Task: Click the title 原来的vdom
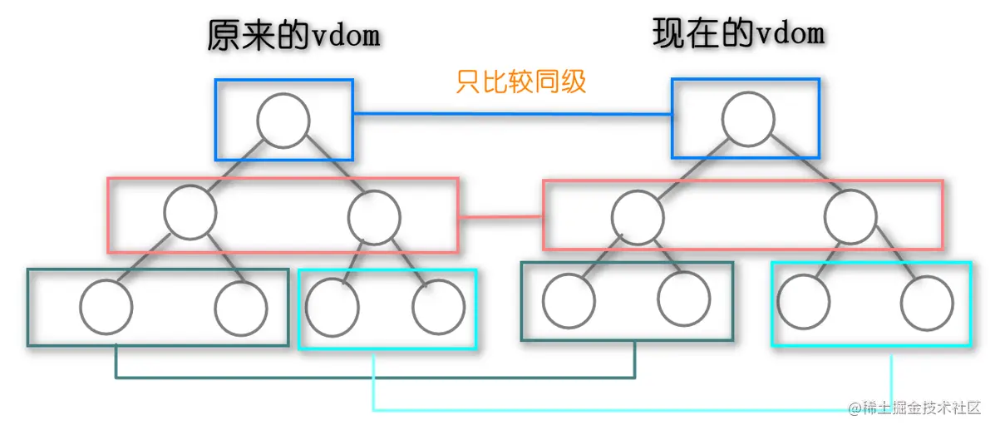(293, 37)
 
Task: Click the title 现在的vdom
(738, 34)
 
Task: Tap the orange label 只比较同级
(521, 82)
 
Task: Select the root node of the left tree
(283, 121)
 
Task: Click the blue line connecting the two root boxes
(512, 114)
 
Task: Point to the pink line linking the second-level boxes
(500, 218)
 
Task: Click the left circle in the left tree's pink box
(190, 214)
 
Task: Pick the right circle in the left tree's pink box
(375, 217)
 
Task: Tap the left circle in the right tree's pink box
(638, 218)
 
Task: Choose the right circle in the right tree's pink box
(851, 216)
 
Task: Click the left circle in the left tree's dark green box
(106, 307)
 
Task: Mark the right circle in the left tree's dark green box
(241, 309)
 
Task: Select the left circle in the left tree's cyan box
(332, 308)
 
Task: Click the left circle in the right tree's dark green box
(568, 299)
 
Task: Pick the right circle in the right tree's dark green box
(683, 299)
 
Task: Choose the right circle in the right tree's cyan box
(926, 303)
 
